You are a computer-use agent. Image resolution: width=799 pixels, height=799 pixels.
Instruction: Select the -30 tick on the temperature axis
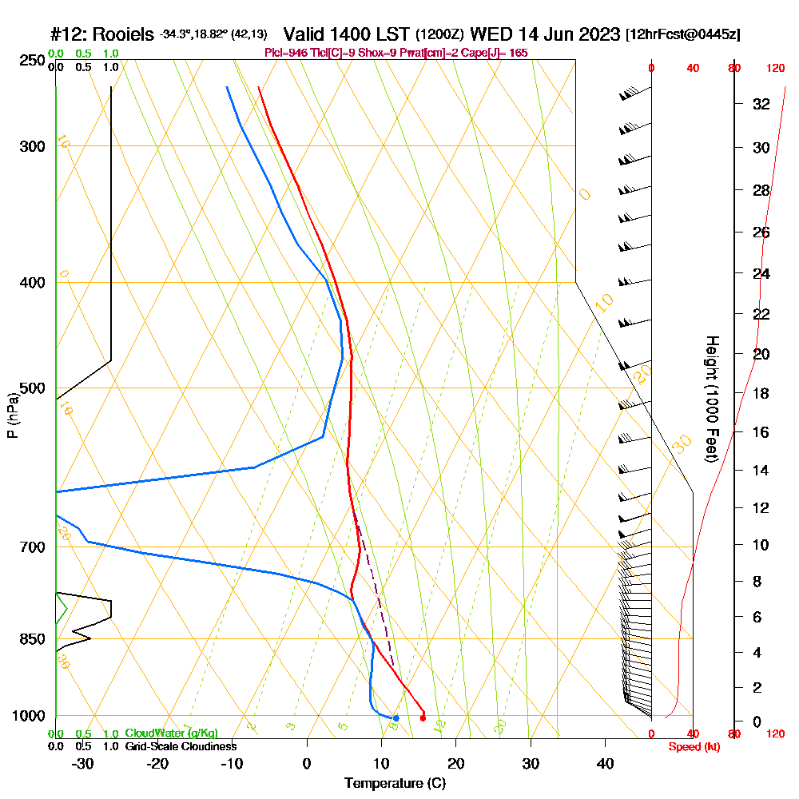tap(83, 764)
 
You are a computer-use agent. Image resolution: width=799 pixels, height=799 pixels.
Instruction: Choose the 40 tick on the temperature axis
tap(605, 764)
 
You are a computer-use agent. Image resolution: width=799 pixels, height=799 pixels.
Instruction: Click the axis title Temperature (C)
tap(395, 784)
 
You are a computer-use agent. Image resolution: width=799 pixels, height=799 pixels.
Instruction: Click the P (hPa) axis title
tap(12, 415)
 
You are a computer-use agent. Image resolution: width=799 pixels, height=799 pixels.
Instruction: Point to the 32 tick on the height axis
tap(761, 104)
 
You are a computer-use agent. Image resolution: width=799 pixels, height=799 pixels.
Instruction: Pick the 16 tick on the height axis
tap(761, 432)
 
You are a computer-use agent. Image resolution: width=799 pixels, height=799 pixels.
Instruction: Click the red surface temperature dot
tap(423, 718)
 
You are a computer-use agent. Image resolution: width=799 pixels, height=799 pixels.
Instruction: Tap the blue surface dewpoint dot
tap(396, 718)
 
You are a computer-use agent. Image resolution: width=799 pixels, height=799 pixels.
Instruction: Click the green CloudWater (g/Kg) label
tap(171, 733)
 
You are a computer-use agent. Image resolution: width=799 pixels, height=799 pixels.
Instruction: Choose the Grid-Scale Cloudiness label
tap(181, 746)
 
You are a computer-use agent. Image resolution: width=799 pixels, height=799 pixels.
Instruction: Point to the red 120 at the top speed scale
tap(775, 69)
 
